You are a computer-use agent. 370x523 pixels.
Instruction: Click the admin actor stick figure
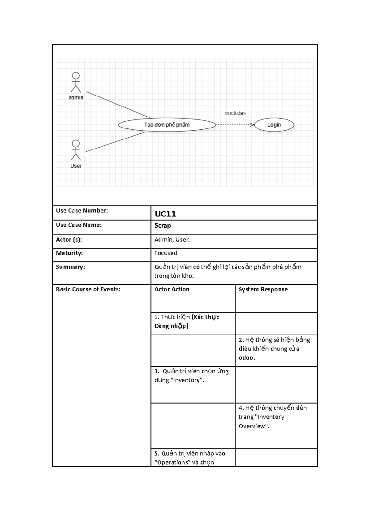point(76,83)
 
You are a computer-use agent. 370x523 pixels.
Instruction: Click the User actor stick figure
point(76,150)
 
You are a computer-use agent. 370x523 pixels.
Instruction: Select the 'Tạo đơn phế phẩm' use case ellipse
point(167,125)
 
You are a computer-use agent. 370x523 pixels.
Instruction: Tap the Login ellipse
point(274,125)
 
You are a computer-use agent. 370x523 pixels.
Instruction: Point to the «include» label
point(235,113)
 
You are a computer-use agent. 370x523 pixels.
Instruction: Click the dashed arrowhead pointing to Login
point(252,125)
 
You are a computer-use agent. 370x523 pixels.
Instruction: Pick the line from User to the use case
point(116,142)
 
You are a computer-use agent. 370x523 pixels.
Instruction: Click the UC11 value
point(165,214)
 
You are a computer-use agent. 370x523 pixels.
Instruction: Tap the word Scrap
point(162,225)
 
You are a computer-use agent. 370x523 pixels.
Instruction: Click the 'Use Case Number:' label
point(82,211)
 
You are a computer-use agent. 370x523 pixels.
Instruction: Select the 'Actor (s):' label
point(69,239)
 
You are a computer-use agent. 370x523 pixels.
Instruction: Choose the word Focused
point(166,253)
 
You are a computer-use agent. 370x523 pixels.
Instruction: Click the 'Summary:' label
point(70,267)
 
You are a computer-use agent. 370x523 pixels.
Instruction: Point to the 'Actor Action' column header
point(172,289)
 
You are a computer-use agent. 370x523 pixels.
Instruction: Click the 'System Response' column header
point(263,289)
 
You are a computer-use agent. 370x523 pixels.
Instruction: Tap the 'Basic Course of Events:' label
point(88,289)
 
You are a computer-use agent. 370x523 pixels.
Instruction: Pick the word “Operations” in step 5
point(171,462)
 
